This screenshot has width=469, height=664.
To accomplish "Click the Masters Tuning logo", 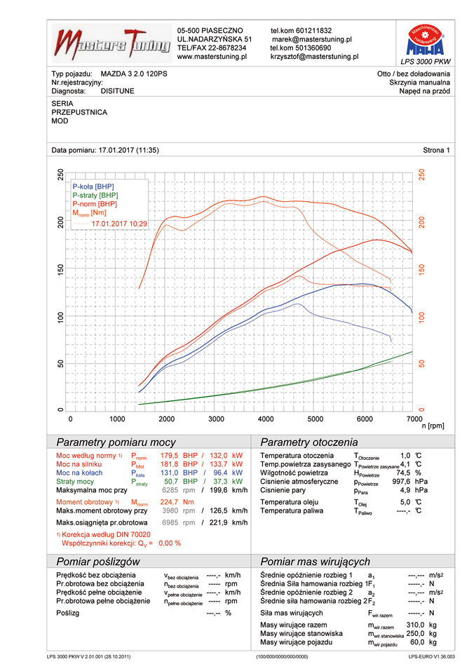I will tap(112, 43).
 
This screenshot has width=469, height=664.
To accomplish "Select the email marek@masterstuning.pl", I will tap(311, 40).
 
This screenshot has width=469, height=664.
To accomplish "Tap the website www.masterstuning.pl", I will tap(212, 57).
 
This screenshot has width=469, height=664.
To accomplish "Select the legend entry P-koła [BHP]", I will tap(94, 186).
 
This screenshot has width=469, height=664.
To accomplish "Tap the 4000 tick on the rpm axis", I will tap(265, 419).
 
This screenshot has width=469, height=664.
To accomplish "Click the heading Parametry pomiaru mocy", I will tap(116, 442).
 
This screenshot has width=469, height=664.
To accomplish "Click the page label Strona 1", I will tap(436, 150).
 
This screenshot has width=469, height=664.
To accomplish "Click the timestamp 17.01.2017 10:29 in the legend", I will tap(118, 222).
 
